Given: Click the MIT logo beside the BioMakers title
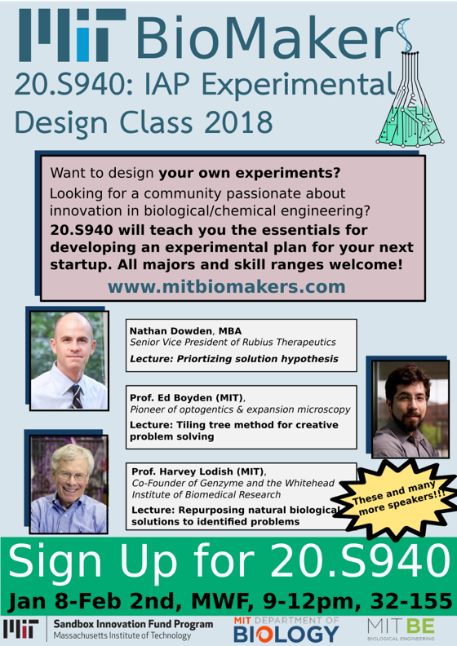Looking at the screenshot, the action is (x=72, y=35).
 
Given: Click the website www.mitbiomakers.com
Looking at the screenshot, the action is (x=227, y=287).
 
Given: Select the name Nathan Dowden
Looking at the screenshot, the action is (x=172, y=331).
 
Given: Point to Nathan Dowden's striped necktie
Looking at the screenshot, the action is (x=77, y=396).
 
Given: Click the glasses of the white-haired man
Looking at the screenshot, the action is (x=73, y=476).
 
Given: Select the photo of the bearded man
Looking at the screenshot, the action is (x=410, y=409).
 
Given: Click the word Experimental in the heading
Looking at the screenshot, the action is (x=297, y=86).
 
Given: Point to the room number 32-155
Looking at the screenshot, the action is (x=411, y=601).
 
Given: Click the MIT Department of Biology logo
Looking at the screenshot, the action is (x=286, y=629).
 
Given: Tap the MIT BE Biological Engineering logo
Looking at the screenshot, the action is (x=401, y=629).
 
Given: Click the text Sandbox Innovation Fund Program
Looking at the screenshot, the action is (x=133, y=624).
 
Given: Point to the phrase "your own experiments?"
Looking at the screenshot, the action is (x=250, y=173).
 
